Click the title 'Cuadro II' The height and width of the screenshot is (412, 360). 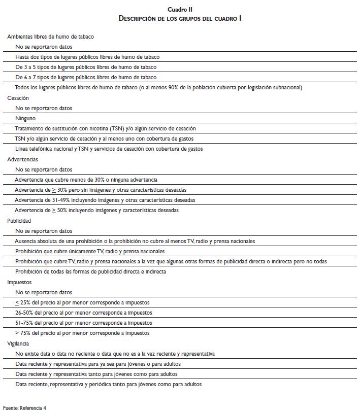coord(180,9)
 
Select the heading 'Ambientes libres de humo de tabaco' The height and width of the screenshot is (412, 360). coord(50,37)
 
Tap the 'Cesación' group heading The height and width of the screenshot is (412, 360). coord(18,98)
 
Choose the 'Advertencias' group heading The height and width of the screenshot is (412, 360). coord(22,159)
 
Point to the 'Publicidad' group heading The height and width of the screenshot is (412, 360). coord(19,221)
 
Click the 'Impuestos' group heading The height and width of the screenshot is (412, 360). coord(19,282)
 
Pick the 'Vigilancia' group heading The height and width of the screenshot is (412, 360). coord(19,344)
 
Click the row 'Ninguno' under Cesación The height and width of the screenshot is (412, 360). coord(25,118)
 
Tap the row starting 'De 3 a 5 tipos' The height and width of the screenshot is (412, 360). coord(86,67)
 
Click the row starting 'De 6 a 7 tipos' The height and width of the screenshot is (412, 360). coord(86,77)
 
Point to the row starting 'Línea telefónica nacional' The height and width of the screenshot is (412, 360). coord(109,149)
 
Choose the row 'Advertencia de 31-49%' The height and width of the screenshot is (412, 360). coord(105,200)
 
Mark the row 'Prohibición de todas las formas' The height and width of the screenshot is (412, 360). coord(90,271)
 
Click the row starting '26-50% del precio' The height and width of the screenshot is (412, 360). coord(83,313)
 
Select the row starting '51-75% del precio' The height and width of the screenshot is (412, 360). coord(83,323)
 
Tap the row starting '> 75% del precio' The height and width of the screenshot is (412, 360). coord(82,333)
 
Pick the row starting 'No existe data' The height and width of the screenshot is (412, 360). coord(115,354)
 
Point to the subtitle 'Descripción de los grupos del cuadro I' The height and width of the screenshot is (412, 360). coord(180,18)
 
